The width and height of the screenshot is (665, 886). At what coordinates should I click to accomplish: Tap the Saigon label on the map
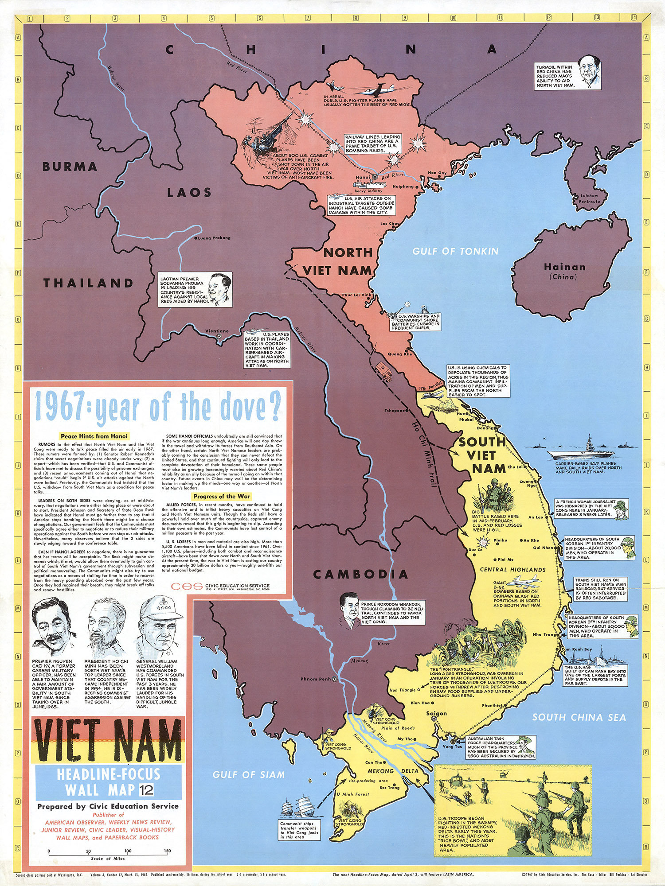coord(436,713)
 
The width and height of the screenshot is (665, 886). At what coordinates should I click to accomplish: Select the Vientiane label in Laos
coord(217,331)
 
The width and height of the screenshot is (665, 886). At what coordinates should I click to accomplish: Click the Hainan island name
coord(564,267)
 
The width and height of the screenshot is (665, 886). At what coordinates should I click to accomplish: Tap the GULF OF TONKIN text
coord(455,251)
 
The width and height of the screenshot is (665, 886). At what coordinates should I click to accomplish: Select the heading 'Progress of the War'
coord(222,496)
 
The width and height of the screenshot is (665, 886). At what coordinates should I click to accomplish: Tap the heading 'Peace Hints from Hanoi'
coord(94,436)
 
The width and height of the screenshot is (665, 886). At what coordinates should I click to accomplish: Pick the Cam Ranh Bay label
coord(577,649)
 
